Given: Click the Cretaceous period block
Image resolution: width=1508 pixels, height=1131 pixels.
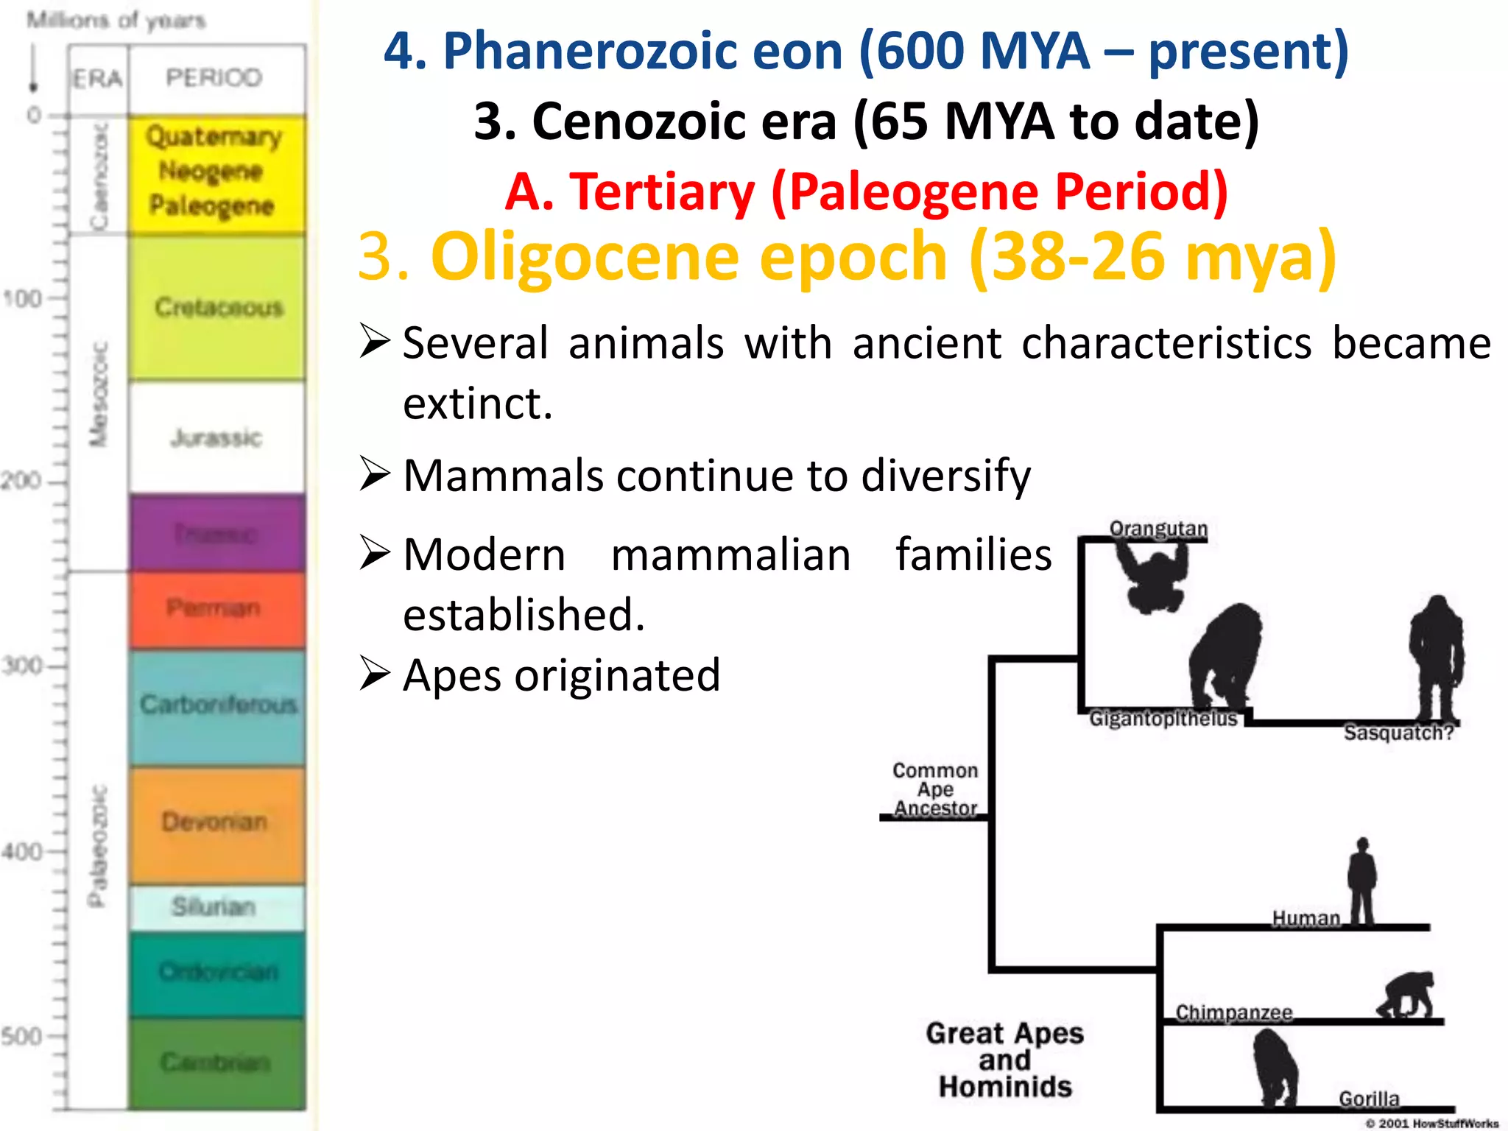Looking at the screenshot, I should tap(218, 307).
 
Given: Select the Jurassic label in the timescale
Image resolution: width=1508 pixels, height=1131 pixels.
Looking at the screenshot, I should tap(216, 437).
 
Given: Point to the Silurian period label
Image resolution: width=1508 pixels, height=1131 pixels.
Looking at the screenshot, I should tap(214, 906).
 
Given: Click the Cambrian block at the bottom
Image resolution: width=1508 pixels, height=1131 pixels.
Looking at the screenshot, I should tap(216, 1063).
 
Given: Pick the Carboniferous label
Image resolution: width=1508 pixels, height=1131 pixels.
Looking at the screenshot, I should tap(219, 705).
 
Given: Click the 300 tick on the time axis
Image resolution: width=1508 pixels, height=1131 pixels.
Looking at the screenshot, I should tap(22, 666).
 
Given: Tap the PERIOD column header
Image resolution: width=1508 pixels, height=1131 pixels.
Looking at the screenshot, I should tap(214, 77).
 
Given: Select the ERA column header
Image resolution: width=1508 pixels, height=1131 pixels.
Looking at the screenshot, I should tap(97, 78).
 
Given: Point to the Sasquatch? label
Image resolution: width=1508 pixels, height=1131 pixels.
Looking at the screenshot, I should tap(1398, 733).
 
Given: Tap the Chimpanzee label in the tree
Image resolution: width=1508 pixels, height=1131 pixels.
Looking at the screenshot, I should tap(1233, 1012).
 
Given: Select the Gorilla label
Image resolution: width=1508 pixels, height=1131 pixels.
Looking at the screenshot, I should tap(1369, 1099).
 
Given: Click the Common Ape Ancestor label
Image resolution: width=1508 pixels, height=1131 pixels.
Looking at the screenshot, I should tap(935, 789).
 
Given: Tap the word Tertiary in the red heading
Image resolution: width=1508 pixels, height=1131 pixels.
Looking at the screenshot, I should tap(663, 191).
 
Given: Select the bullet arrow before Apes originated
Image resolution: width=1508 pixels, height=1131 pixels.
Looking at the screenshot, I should tap(374, 674).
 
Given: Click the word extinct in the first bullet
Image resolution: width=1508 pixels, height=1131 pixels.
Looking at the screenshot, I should tap(477, 404).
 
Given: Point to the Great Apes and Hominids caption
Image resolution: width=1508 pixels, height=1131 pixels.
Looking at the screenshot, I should tap(1005, 1060).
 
